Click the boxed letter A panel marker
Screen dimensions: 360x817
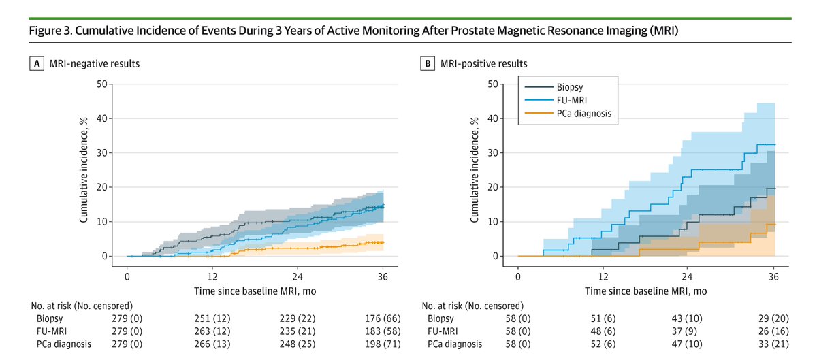(x=36, y=64)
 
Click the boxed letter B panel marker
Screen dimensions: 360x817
(x=428, y=64)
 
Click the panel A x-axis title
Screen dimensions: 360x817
(x=255, y=291)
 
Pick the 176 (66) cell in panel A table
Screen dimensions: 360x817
(x=382, y=318)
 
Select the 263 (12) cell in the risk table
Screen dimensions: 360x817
(x=212, y=331)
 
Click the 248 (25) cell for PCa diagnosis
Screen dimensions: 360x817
(x=297, y=344)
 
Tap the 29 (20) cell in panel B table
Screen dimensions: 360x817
(x=773, y=318)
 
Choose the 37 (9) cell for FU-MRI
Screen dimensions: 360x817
(x=688, y=331)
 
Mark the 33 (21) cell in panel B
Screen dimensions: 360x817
(x=773, y=344)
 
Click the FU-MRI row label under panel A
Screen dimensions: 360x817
(x=52, y=331)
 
